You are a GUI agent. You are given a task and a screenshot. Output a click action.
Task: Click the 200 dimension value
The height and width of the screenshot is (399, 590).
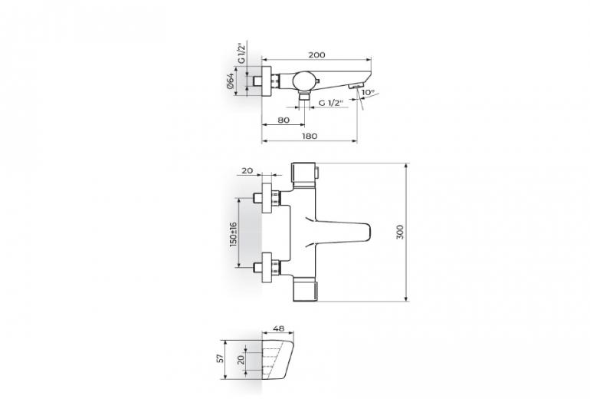coord(316,54)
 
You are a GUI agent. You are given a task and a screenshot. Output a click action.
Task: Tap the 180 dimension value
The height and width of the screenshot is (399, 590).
coord(310,136)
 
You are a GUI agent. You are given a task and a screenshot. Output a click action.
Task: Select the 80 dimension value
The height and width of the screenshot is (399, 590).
coord(284,120)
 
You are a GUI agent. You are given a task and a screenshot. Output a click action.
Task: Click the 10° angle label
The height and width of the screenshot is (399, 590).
coord(368,92)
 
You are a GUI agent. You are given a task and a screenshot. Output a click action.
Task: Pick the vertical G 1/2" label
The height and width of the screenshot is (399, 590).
coord(241,53)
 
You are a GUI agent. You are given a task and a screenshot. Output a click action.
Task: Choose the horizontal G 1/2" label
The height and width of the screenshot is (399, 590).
coord(331,103)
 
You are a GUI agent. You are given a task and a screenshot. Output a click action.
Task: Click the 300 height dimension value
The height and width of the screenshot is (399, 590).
coord(400,232)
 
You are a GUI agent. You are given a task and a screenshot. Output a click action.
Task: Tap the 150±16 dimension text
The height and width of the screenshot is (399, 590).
coord(233,234)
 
